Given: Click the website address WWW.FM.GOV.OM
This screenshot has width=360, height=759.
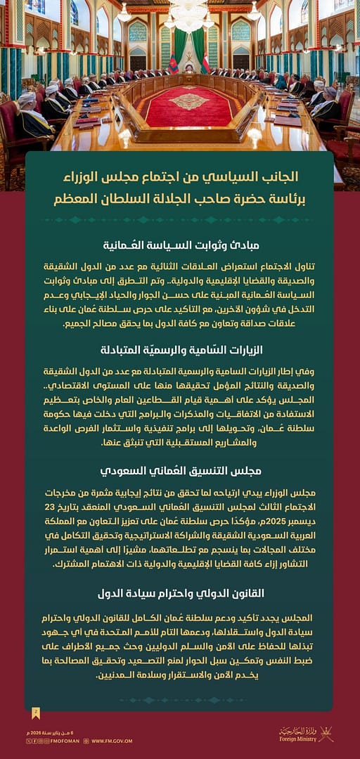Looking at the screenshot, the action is [112, 741].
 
